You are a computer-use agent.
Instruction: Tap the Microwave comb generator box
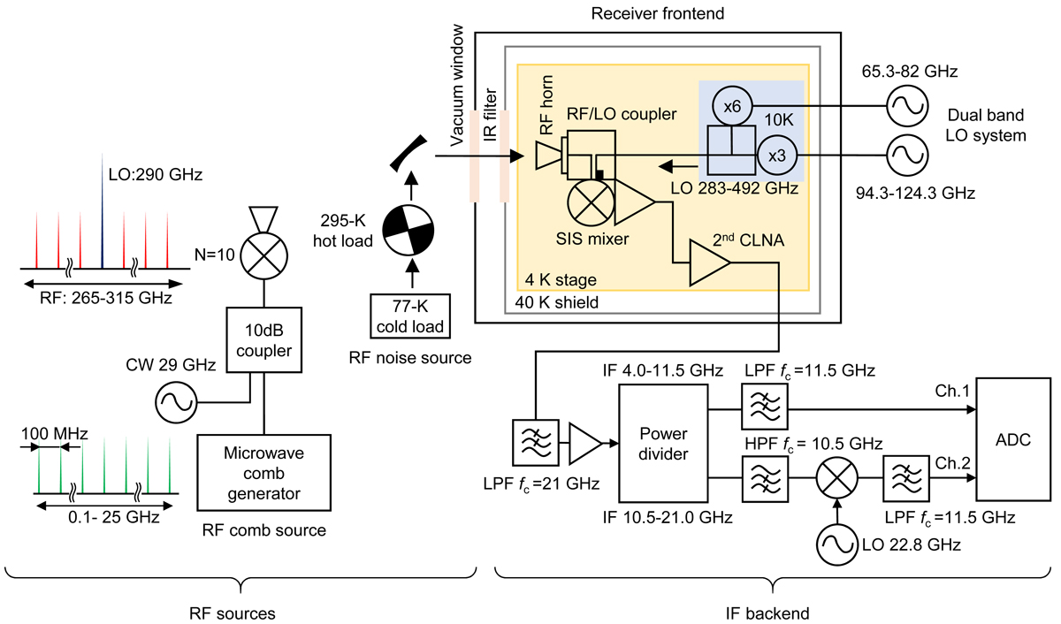(264, 478)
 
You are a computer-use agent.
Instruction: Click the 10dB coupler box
(264, 339)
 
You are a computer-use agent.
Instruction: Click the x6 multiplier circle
(731, 105)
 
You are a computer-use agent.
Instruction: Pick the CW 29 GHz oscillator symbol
(175, 403)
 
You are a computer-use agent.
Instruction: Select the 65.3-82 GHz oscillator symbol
(907, 105)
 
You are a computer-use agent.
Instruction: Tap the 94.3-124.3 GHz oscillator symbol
(907, 154)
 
